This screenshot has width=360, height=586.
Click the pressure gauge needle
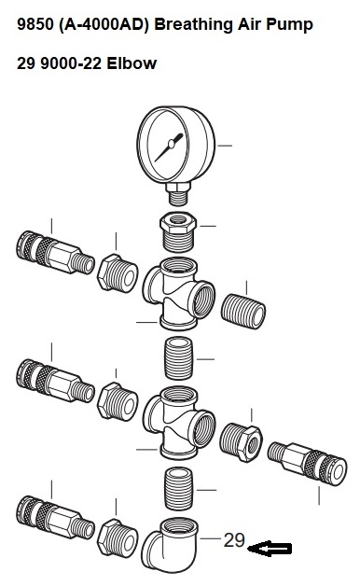click(x=169, y=146)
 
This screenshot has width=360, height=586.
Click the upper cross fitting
click(x=178, y=293)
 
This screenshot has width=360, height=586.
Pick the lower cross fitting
click(x=178, y=423)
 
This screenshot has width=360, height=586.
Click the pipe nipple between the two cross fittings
click(x=178, y=358)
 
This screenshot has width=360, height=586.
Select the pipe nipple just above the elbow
click(x=178, y=488)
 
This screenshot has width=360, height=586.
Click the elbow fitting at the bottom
click(x=170, y=545)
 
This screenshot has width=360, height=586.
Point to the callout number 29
click(x=234, y=540)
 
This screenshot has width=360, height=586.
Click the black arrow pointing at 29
click(x=270, y=549)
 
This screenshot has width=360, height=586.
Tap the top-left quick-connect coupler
click(x=55, y=252)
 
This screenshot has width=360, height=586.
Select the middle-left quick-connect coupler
click(x=55, y=381)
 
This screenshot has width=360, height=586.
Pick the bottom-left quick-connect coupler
click(x=55, y=517)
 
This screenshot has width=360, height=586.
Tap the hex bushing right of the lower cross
click(x=241, y=442)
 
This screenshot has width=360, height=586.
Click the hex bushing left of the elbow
click(x=118, y=538)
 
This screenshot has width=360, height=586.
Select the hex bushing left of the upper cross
click(x=118, y=273)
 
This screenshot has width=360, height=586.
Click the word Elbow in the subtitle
click(x=132, y=63)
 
